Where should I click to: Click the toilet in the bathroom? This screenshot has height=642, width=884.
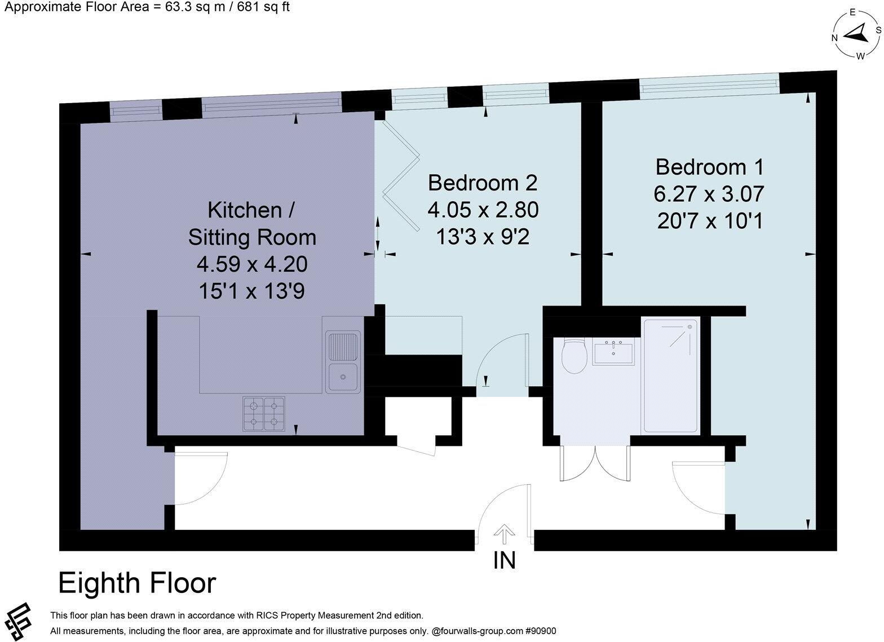click(574, 357)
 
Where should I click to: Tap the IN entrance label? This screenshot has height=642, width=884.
click(504, 560)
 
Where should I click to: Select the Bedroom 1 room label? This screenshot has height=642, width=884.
click(709, 167)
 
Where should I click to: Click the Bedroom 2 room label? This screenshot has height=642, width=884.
click(483, 183)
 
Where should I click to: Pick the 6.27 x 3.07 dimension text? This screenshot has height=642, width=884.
click(709, 194)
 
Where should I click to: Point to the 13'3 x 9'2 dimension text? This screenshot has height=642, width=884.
click(483, 237)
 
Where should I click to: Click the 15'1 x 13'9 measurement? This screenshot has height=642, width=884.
click(251, 291)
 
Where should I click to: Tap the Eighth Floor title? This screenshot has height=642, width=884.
click(137, 583)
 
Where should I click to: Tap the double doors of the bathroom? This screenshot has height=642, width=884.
click(595, 462)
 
